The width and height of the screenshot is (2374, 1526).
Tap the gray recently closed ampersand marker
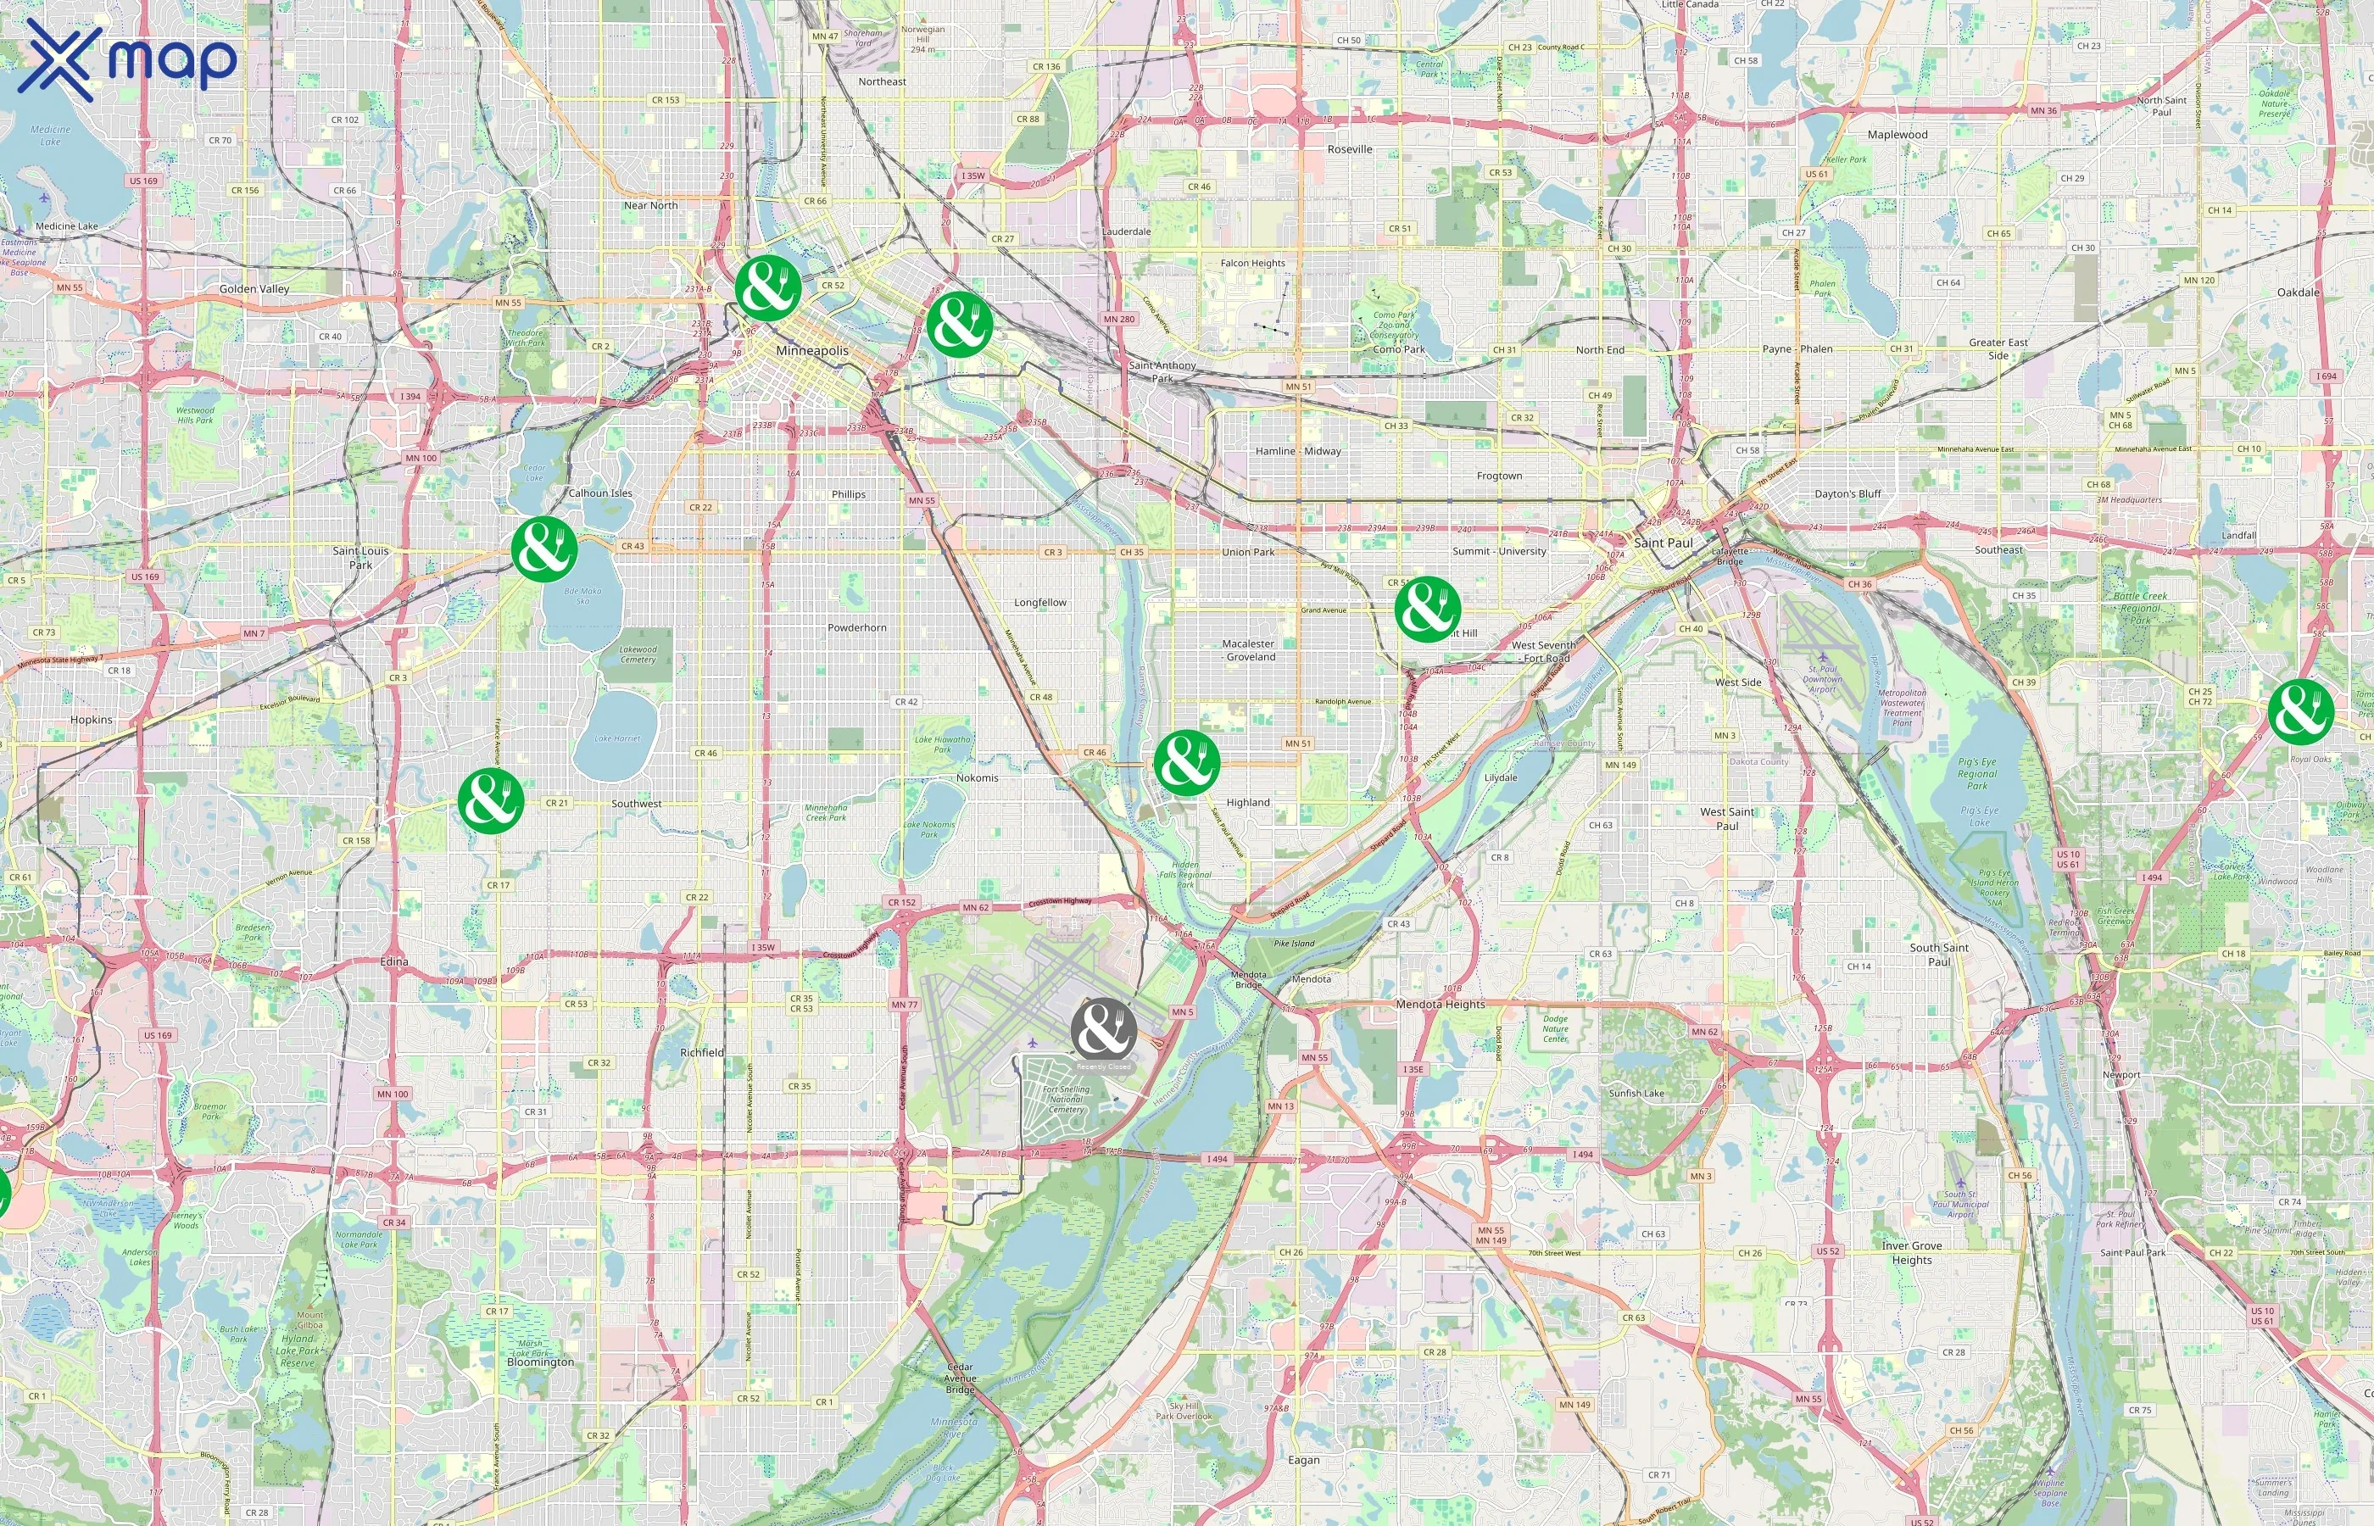tap(1103, 1031)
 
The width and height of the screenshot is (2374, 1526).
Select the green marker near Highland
tap(1186, 763)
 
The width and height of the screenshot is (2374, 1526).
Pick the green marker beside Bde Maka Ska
tap(544, 548)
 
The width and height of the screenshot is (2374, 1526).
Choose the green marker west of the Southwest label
tap(490, 799)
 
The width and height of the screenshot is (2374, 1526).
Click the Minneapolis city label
tap(811, 351)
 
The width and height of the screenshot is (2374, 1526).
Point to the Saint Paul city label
tap(1663, 543)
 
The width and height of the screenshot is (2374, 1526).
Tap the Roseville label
tap(1350, 149)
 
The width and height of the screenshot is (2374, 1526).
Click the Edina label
tap(393, 961)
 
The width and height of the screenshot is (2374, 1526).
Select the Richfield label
tap(701, 1052)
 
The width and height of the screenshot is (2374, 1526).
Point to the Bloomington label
tap(540, 1362)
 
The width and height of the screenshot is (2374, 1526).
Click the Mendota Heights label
tap(1440, 1004)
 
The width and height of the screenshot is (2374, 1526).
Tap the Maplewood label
tap(1898, 135)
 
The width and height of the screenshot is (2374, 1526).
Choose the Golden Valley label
tap(254, 289)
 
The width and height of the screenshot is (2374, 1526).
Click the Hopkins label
tap(92, 720)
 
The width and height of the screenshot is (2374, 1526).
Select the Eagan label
tap(1304, 1460)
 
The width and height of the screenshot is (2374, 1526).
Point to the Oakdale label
tap(2298, 292)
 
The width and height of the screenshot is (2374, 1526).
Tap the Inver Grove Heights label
tap(1911, 1252)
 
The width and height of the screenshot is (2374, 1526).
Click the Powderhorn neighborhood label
tap(857, 627)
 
